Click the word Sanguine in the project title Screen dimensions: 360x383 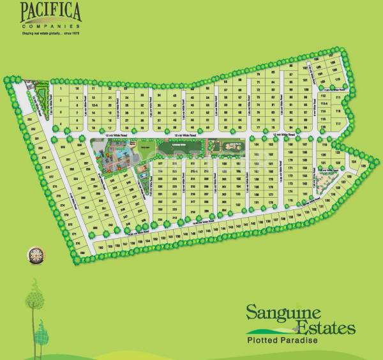279,313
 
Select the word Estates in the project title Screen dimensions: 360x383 326,328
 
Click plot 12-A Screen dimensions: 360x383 94,104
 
